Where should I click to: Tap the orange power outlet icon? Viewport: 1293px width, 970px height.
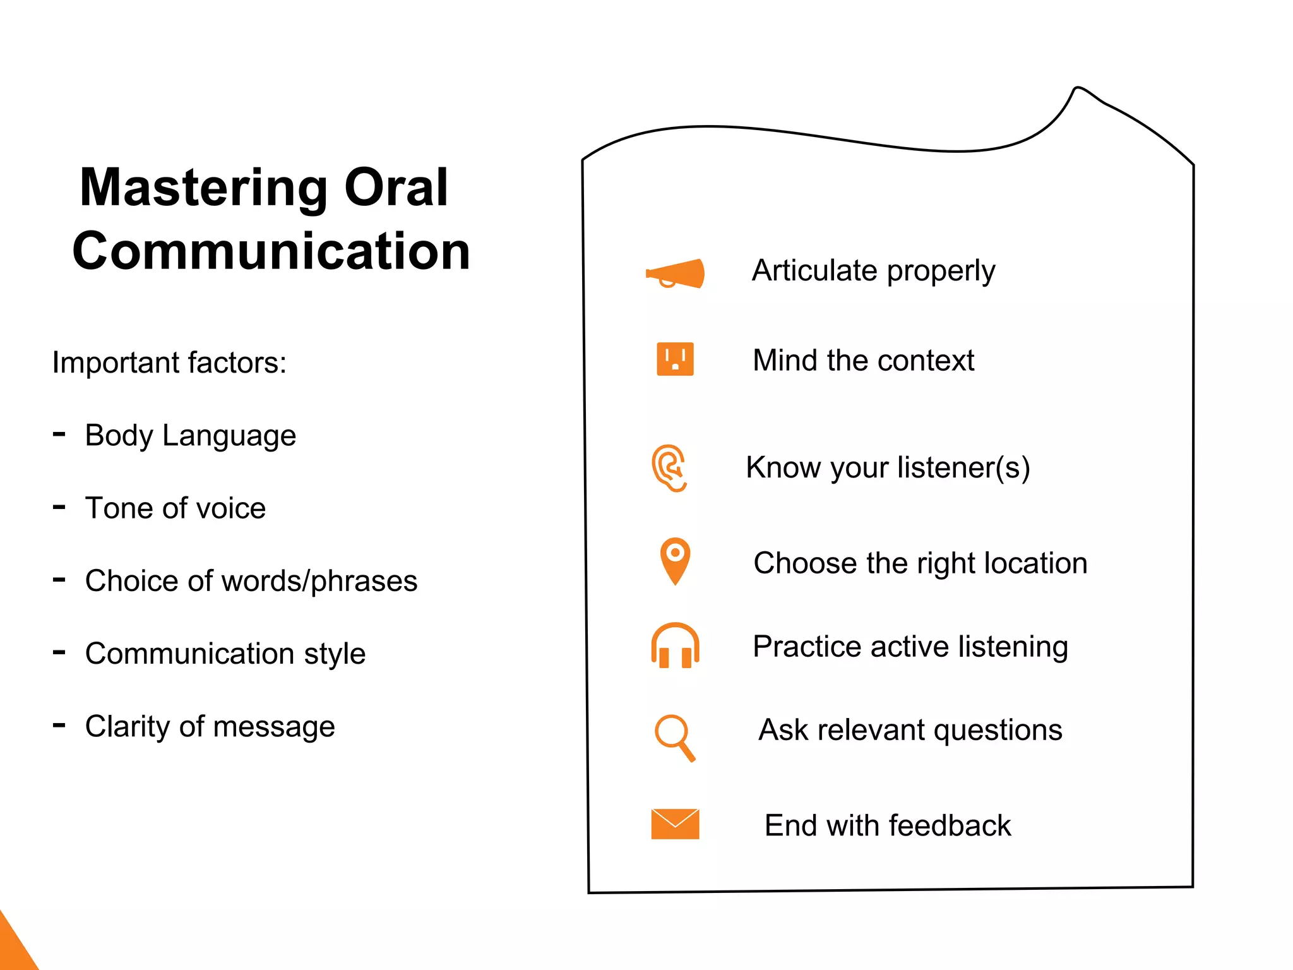point(675,359)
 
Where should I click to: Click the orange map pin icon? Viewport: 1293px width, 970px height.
point(675,560)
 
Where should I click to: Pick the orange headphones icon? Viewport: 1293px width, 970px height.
point(675,646)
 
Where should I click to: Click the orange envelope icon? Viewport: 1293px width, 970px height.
point(675,824)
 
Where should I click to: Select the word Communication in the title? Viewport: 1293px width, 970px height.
point(271,251)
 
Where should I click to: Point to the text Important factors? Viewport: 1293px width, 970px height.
point(169,363)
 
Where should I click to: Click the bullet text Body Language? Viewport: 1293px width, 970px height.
point(190,436)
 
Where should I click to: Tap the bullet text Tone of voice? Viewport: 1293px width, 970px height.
point(176,508)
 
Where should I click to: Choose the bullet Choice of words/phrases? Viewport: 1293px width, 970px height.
point(251,581)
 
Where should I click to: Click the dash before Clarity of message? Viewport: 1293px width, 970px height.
point(59,726)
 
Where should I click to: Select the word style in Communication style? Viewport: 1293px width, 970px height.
point(334,654)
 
